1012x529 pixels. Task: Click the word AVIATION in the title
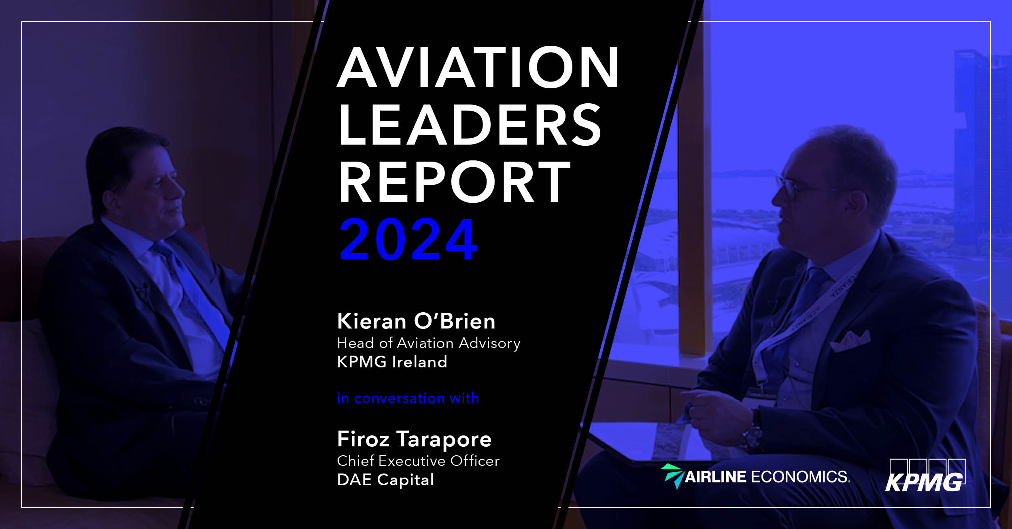pyautogui.click(x=478, y=67)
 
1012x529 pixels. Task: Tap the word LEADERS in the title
pyautogui.click(x=470, y=125)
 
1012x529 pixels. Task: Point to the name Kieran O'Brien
pyautogui.click(x=416, y=321)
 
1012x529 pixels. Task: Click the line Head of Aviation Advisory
pyautogui.click(x=428, y=343)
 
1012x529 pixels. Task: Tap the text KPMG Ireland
pyautogui.click(x=392, y=362)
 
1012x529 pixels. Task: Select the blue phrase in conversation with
pyautogui.click(x=408, y=398)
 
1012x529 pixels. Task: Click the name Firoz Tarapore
pyautogui.click(x=414, y=439)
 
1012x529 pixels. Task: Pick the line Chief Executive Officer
pyautogui.click(x=418, y=461)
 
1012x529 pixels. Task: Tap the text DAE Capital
pyautogui.click(x=385, y=480)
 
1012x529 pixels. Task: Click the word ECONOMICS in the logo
pyautogui.click(x=800, y=477)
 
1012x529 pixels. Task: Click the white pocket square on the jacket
pyautogui.click(x=850, y=341)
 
